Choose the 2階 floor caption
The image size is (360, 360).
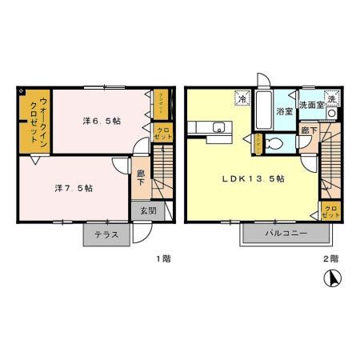click(x=330, y=258)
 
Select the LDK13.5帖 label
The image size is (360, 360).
click(x=253, y=179)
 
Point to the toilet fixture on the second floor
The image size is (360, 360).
click(x=272, y=144)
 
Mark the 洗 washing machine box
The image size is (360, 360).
click(x=330, y=98)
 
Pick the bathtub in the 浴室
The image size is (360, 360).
click(x=263, y=109)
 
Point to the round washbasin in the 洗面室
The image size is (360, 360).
click(x=331, y=113)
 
